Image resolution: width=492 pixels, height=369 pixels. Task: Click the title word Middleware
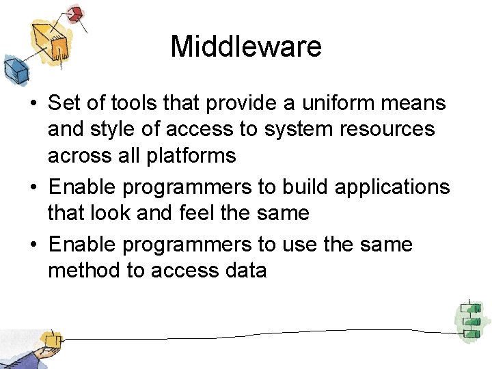tap(246, 46)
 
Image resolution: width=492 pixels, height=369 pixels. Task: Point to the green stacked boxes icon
tap(469, 319)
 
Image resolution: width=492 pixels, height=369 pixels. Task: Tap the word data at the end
tap(245, 271)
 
